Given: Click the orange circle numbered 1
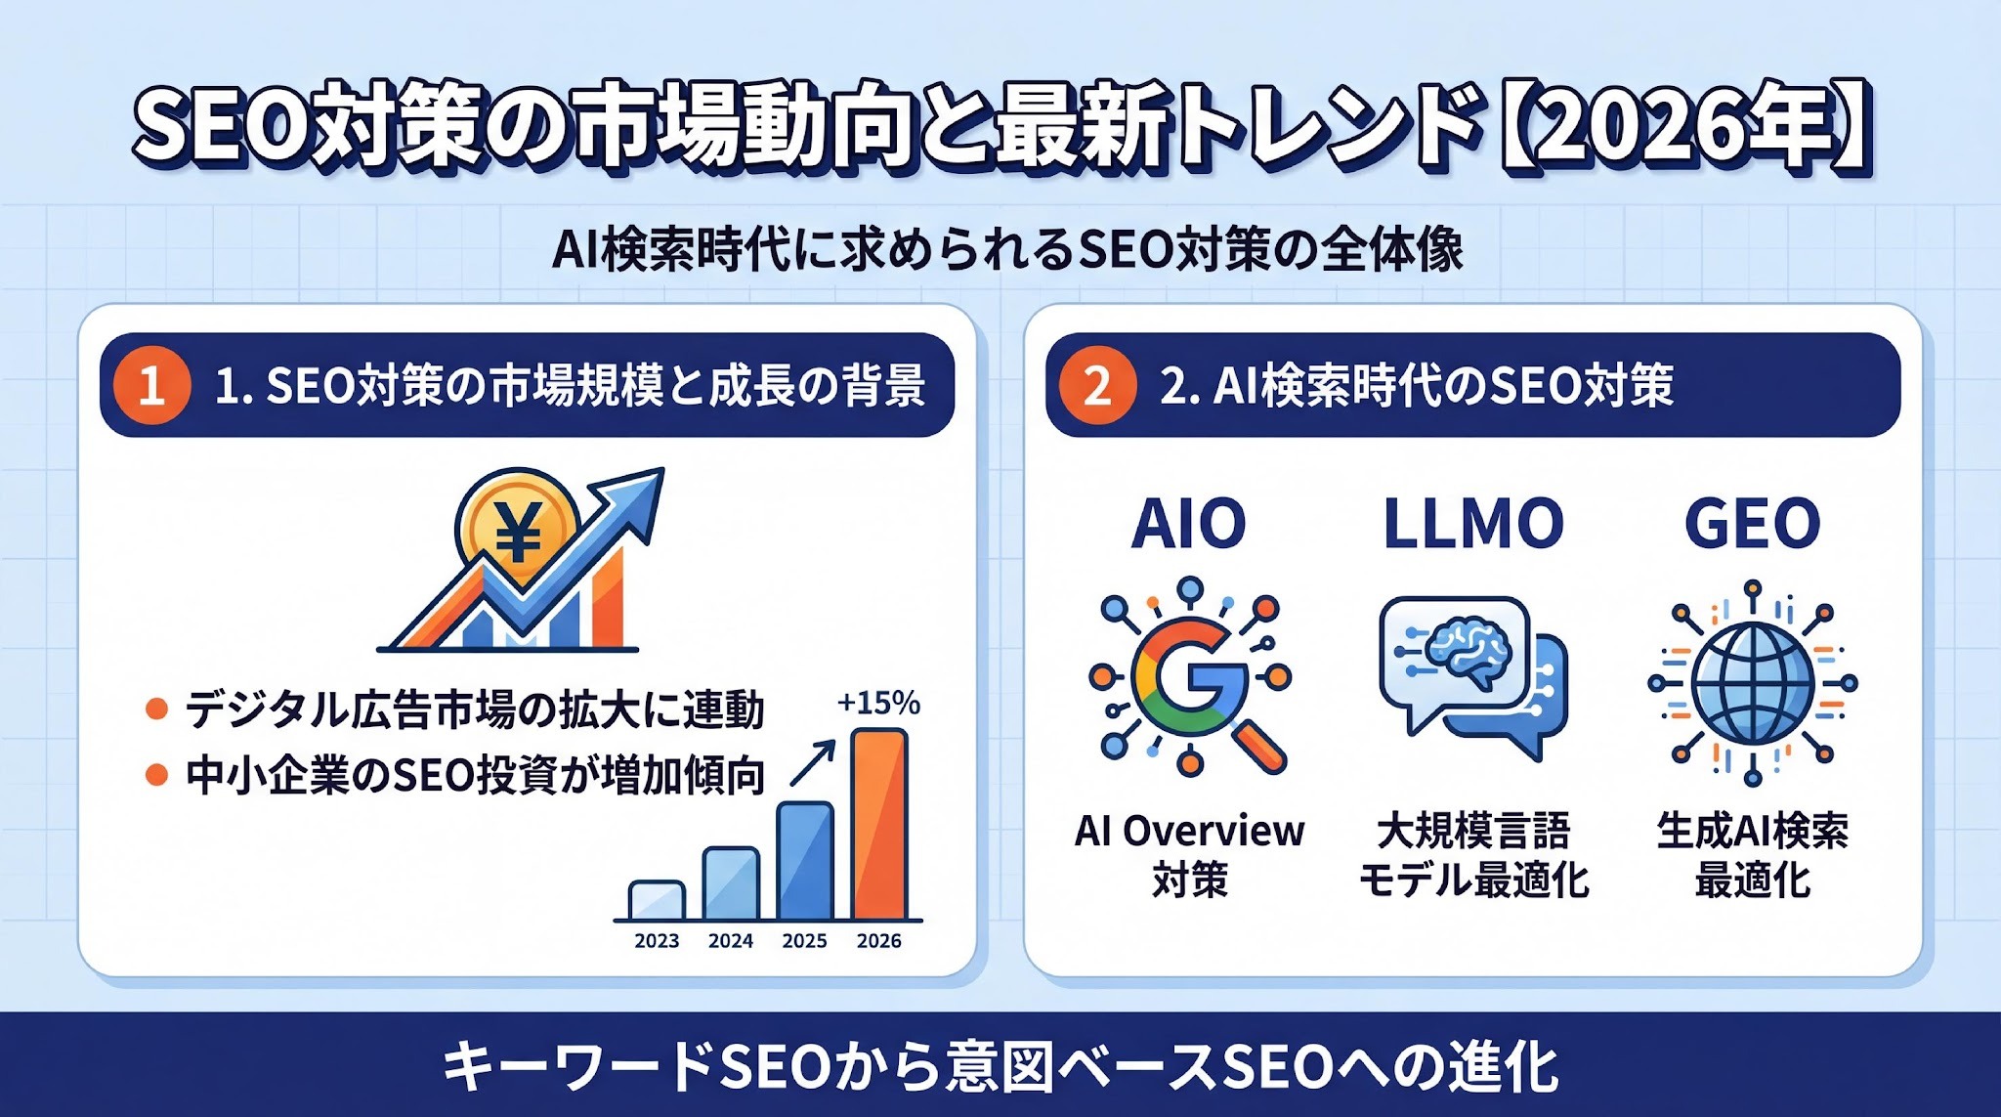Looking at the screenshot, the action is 150,385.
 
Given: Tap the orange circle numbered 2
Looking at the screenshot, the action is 1097,385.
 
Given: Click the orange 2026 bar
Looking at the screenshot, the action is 879,824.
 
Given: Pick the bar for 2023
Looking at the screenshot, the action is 657,900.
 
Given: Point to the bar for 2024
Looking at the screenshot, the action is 731,883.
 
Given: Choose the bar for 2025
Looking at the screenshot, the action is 805,861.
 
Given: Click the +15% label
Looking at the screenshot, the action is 878,703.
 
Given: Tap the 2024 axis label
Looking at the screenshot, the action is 731,940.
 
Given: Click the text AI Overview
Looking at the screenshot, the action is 1189,831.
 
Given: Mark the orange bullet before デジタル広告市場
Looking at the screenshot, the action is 156,709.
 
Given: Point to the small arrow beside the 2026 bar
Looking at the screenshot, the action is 812,763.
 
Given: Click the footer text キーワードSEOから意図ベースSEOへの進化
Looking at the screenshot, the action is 1000,1066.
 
